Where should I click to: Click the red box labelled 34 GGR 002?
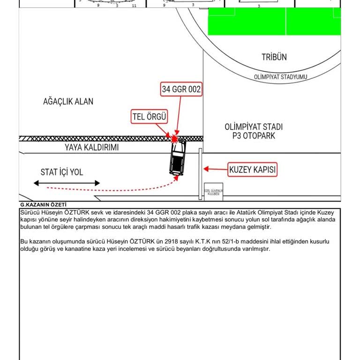click(x=181, y=89)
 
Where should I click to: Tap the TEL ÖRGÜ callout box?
click(x=149, y=117)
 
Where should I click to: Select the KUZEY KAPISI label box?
click(x=252, y=169)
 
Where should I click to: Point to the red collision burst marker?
click(x=175, y=139)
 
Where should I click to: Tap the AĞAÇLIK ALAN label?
click(x=68, y=101)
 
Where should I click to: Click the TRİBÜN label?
click(x=274, y=57)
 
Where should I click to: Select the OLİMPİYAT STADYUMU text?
click(x=280, y=76)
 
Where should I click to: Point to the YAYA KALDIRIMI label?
click(x=91, y=147)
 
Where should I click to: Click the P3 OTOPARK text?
click(x=253, y=136)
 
